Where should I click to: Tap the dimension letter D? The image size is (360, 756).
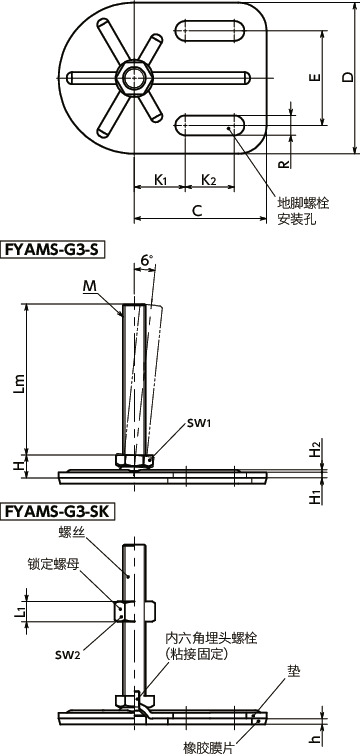(x=346, y=78)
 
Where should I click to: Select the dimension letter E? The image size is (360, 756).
(x=314, y=78)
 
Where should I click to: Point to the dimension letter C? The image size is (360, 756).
(x=197, y=211)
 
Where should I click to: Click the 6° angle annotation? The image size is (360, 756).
(x=148, y=261)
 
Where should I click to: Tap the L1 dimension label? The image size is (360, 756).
(x=20, y=610)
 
